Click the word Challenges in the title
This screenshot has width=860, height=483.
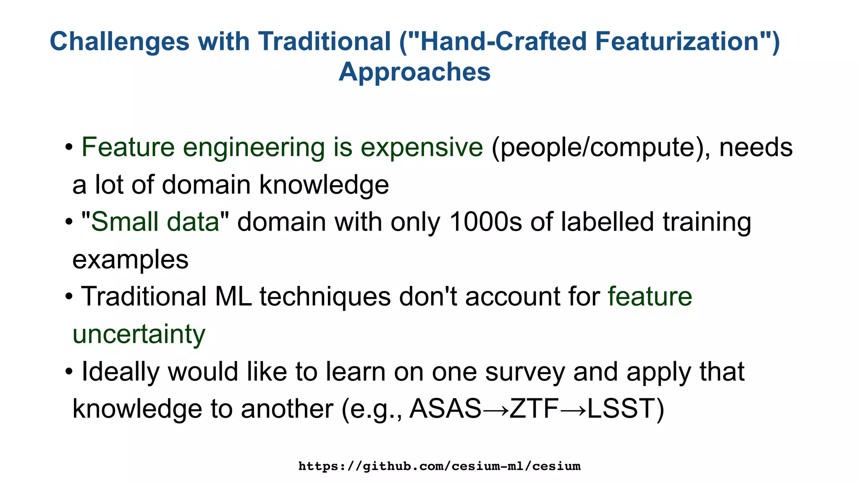pos(120,42)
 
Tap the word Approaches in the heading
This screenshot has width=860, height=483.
pos(414,72)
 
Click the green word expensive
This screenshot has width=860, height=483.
pos(422,148)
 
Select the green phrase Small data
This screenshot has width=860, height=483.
pos(155,222)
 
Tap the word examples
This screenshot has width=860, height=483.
pos(130,260)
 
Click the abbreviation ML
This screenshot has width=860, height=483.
pos(233,296)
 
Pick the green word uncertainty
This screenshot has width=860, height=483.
pos(139,334)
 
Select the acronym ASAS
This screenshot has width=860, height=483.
pos(445,409)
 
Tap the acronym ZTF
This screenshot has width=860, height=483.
pos(534,409)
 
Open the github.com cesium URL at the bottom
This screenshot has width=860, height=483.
pos(439,466)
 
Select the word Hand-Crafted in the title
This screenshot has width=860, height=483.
pos(502,42)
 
